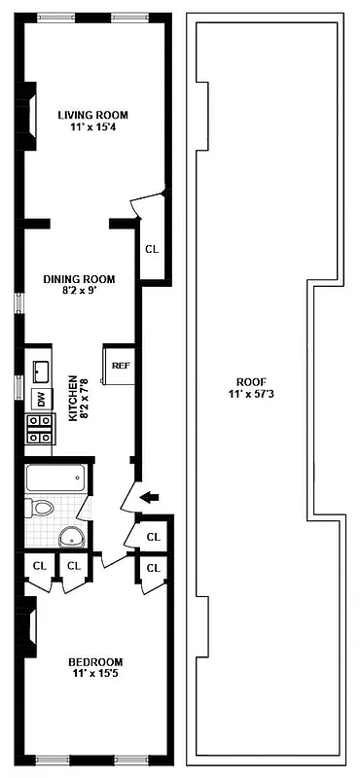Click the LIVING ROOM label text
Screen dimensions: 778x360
tap(92, 114)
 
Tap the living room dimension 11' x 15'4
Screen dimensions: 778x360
tap(92, 127)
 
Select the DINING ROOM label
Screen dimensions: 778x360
tap(81, 278)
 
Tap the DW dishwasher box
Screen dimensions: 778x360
tap(40, 398)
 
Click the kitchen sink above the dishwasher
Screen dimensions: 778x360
tap(40, 371)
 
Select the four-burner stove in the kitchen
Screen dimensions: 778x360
tap(40, 429)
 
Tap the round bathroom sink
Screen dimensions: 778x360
tap(70, 536)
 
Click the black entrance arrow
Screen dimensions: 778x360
tap(149, 498)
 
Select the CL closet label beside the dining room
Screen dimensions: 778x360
tap(151, 249)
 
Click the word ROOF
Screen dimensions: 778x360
tap(248, 381)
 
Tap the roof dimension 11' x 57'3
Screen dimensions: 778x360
tap(248, 394)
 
